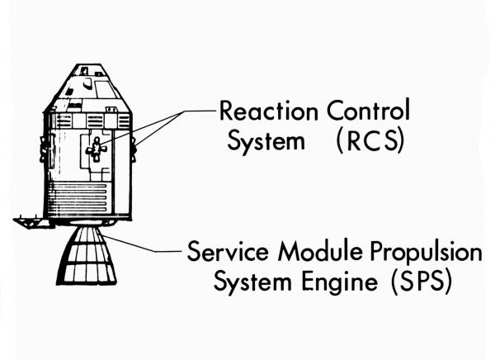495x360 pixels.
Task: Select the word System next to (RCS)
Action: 260,141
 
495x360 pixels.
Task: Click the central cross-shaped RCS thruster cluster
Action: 96,149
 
